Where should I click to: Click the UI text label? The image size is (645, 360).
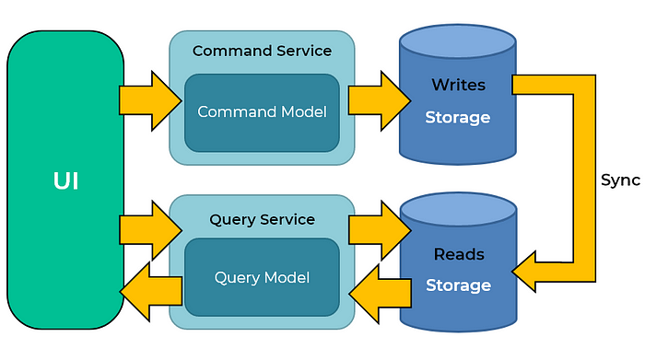pyautogui.click(x=64, y=181)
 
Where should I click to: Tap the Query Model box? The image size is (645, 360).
pyautogui.click(x=262, y=276)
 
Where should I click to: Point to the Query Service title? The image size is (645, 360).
pyautogui.click(x=262, y=220)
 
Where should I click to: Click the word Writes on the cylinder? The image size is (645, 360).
pyautogui.click(x=458, y=85)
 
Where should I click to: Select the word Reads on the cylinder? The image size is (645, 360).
pyautogui.click(x=458, y=253)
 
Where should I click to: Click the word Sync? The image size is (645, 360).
pyautogui.click(x=620, y=180)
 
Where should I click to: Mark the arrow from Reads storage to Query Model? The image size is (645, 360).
pyautogui.click(x=381, y=290)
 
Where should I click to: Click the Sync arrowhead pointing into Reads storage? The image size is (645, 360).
pyautogui.click(x=530, y=272)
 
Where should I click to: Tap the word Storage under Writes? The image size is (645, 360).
pyautogui.click(x=458, y=118)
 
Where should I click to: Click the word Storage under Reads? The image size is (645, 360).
pyautogui.click(x=458, y=285)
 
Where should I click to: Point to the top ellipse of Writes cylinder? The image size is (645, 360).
pyautogui.click(x=457, y=41)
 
